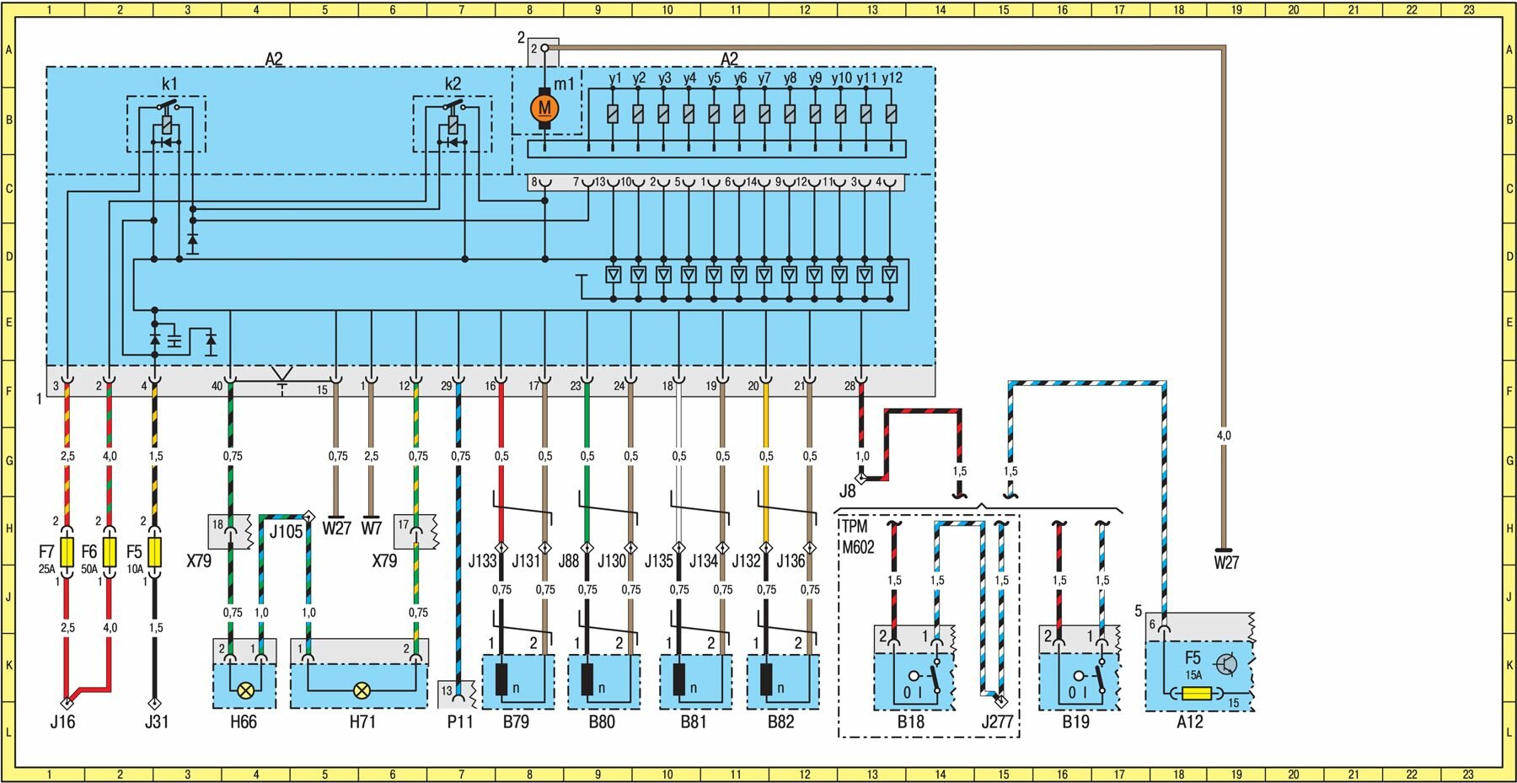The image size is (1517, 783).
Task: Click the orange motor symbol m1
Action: (544, 108)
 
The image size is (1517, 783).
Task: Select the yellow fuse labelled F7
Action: (67, 552)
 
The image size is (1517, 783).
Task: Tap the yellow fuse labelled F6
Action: (110, 552)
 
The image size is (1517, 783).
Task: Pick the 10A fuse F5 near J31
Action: (154, 552)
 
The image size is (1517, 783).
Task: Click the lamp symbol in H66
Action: (245, 690)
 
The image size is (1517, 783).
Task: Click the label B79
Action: (516, 721)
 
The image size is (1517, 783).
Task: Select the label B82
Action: (780, 721)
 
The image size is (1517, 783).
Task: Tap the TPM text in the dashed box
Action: (854, 527)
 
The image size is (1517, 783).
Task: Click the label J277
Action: (997, 721)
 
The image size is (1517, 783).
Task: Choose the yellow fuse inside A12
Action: (1197, 694)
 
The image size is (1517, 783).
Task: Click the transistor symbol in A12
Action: (1226, 664)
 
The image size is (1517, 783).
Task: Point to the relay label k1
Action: (169, 83)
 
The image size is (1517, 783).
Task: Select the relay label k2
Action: (453, 83)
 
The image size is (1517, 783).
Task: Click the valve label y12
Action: (892, 78)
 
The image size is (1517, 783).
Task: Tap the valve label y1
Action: (615, 78)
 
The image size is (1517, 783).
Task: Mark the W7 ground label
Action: (371, 528)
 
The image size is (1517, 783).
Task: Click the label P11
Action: (459, 721)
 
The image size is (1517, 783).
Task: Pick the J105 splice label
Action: (286, 532)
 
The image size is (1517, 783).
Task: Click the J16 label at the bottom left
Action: (62, 721)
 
